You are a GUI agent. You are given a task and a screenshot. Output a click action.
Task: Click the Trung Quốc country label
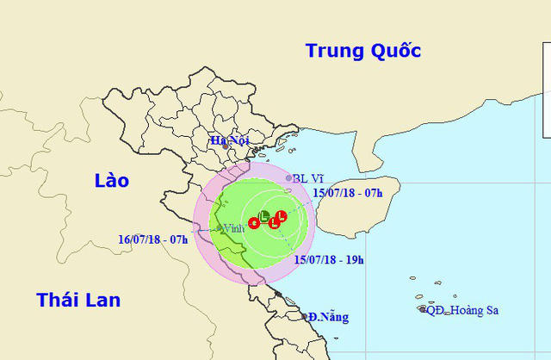(363, 51)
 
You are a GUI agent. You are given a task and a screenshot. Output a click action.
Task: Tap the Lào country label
(112, 180)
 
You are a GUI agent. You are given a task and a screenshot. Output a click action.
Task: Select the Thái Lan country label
(77, 300)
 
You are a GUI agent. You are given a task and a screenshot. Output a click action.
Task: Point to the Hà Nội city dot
(226, 147)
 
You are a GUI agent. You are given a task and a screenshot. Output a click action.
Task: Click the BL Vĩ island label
(307, 179)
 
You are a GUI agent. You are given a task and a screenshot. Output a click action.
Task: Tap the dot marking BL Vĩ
(288, 178)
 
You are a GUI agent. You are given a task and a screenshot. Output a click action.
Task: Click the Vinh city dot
(220, 228)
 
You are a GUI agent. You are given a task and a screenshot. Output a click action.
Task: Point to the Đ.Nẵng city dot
(307, 317)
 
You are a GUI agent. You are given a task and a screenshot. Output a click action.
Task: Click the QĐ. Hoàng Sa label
(463, 310)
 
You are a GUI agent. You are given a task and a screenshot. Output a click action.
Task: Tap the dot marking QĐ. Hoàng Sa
(422, 309)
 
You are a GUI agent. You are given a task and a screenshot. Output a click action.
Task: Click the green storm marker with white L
(264, 214)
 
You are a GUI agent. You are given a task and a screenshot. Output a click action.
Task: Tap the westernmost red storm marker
(253, 223)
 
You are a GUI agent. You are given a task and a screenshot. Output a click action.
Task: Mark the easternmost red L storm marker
(282, 215)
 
